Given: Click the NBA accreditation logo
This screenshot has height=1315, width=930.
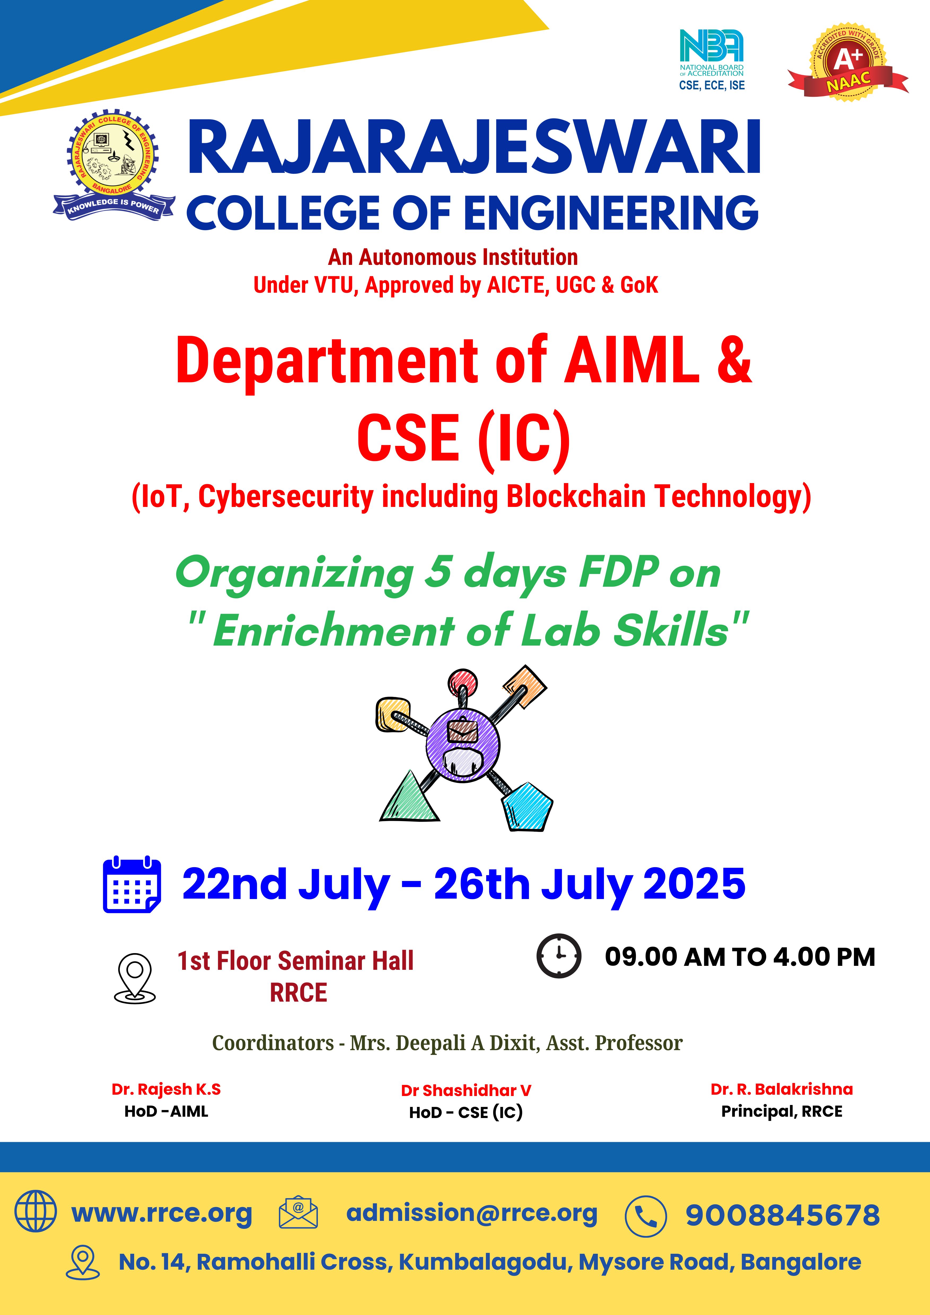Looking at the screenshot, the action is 712,60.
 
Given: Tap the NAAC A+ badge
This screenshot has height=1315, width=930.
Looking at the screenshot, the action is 848,63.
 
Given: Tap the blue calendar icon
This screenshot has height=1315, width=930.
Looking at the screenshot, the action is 132,884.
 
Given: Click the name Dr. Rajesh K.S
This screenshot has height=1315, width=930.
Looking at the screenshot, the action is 166,1089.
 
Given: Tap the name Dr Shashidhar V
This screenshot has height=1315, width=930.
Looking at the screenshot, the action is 466,1090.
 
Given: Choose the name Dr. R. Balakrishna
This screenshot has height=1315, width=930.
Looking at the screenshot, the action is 782,1089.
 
